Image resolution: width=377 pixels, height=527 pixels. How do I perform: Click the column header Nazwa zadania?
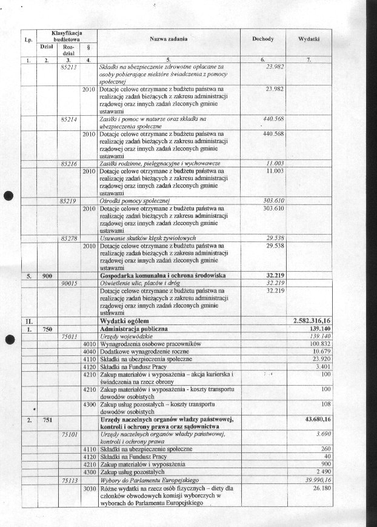168,38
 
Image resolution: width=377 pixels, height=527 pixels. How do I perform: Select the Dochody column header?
263,38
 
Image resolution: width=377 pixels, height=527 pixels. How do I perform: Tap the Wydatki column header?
310,38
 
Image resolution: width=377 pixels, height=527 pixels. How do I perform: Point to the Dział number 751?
47,419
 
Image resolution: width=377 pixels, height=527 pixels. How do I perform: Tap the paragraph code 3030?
88,487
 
